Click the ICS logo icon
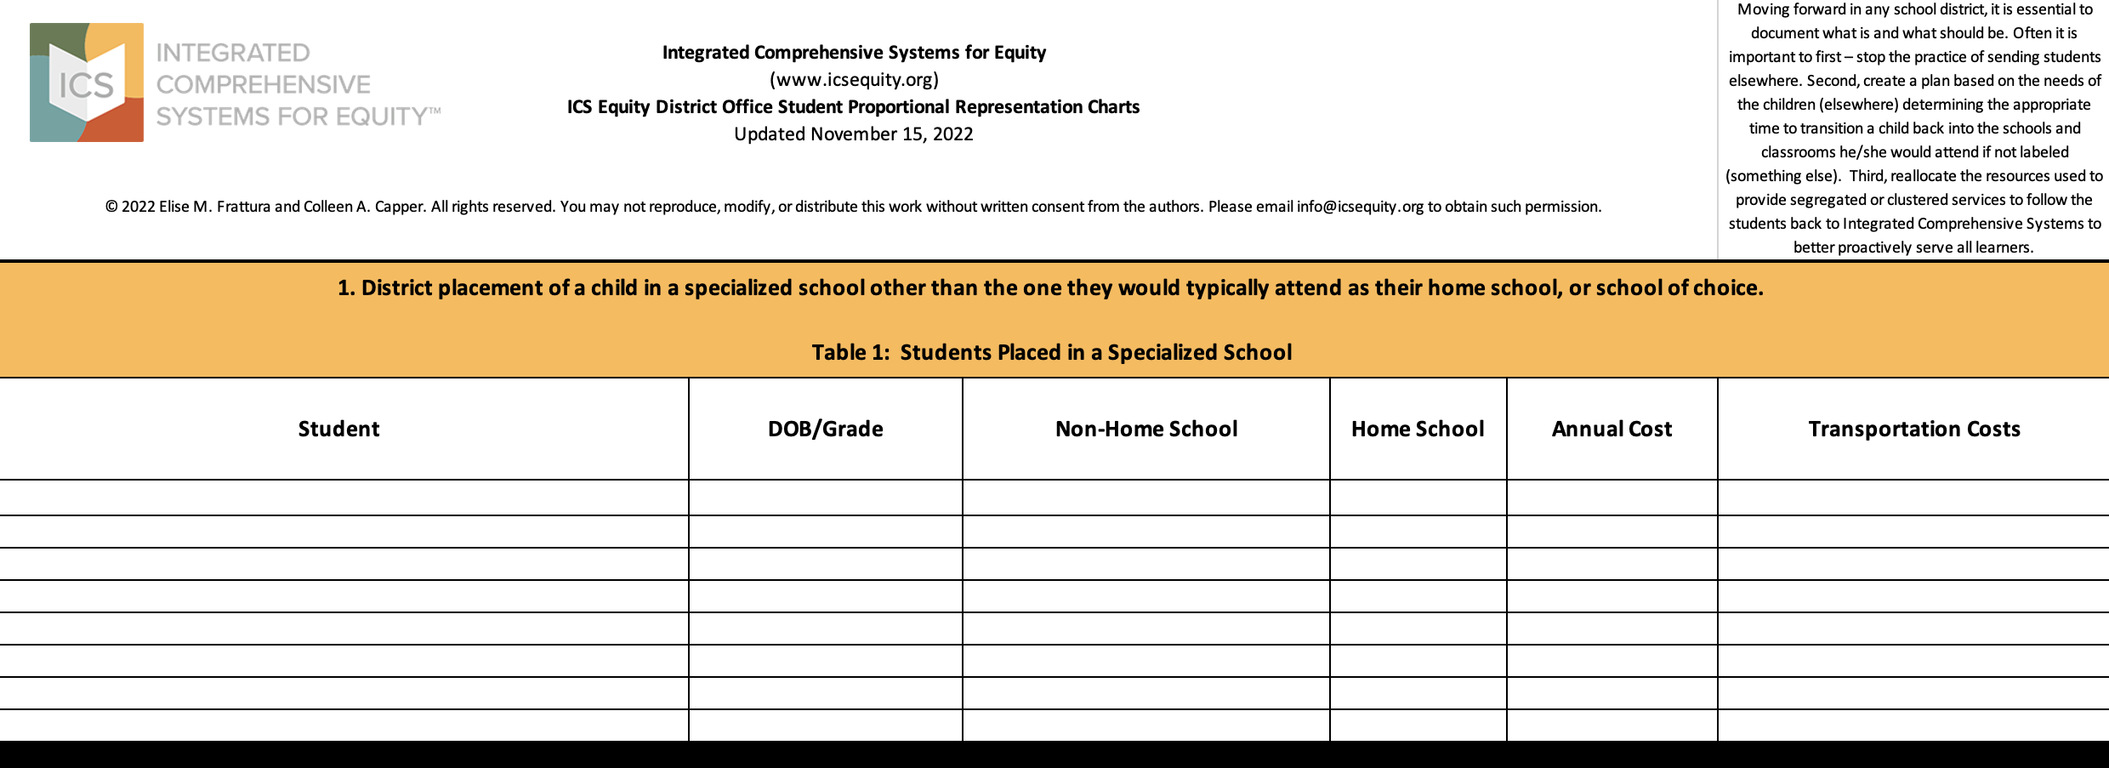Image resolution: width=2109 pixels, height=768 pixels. click(87, 82)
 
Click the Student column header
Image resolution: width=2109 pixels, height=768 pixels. click(338, 429)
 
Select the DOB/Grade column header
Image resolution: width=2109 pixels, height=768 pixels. click(825, 429)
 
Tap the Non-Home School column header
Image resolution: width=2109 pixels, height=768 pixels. click(1145, 429)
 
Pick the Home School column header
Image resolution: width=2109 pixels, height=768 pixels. click(1418, 429)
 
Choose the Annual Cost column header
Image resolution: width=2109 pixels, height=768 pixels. click(1612, 429)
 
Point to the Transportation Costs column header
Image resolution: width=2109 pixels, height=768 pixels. click(1913, 429)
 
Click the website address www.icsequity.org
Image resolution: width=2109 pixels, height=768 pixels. click(854, 80)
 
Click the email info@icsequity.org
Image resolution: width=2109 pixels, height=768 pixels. click(1360, 207)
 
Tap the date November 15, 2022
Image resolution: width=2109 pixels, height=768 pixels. click(891, 134)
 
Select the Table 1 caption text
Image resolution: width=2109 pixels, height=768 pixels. click(1051, 352)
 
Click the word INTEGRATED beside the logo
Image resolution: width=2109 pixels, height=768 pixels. click(233, 53)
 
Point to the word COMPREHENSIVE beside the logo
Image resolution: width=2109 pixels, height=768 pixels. click(264, 84)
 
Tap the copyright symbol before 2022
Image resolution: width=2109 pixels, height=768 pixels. click(111, 207)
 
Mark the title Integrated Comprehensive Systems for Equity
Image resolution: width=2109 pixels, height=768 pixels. click(854, 53)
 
